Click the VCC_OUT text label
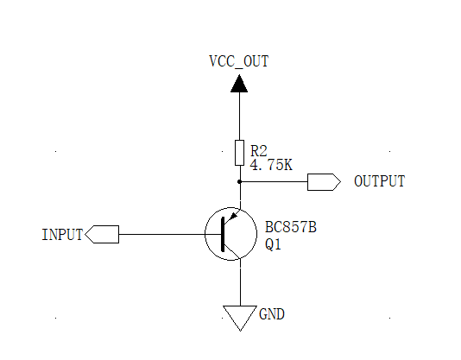[239, 61]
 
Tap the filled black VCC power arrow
[239, 84]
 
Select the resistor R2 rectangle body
[239, 153]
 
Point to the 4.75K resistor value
[271, 164]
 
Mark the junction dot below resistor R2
[239, 182]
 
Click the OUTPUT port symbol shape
[323, 182]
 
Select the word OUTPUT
[379, 182]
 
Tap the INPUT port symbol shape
[103, 234]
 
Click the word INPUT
[62, 235]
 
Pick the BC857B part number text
[290, 228]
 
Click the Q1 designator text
[273, 245]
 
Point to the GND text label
[272, 314]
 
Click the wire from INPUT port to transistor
[164, 234]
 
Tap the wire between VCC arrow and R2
[239, 117]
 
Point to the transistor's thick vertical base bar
[223, 234]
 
